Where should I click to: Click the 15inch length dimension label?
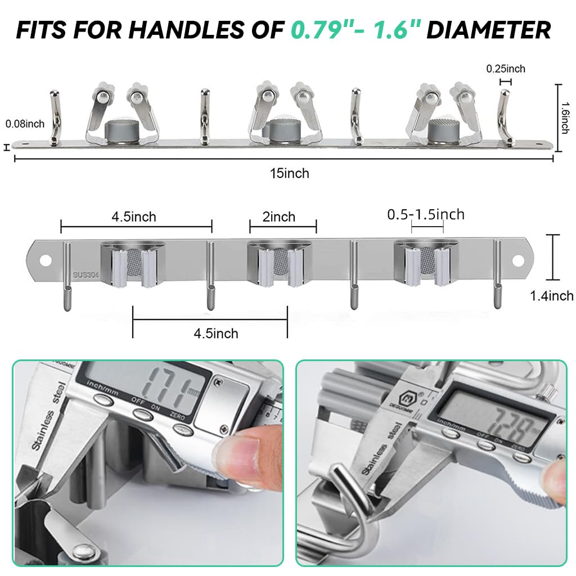(289, 173)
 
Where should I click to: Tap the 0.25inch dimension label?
(506, 69)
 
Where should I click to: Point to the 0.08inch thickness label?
(24, 123)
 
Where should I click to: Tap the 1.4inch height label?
(552, 296)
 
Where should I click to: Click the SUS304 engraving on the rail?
(84, 276)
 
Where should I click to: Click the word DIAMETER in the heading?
(488, 29)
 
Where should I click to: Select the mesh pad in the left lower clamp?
(133, 260)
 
